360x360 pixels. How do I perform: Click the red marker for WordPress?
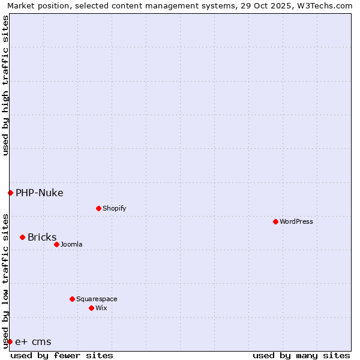[275, 221]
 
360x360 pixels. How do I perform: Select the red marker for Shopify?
[98, 208]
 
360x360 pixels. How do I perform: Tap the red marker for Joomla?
[56, 244]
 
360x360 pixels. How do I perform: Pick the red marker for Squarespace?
[72, 299]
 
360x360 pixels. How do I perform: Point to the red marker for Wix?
[91, 308]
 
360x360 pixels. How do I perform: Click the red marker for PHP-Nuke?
[10, 193]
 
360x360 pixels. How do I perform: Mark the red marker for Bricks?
[22, 237]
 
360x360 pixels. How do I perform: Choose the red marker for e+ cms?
[10, 341]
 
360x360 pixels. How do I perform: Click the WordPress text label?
[296, 221]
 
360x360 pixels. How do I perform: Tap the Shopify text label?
[115, 208]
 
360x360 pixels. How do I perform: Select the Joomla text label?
[71, 244]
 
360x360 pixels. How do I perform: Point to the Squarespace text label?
[97, 299]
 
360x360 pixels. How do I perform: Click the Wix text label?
[101, 308]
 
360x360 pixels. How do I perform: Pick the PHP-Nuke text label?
[40, 193]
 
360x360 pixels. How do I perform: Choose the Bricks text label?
[42, 237]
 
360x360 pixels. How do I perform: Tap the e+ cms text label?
[33, 342]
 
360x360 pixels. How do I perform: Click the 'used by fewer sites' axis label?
[62, 355]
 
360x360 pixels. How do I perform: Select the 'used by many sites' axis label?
[301, 355]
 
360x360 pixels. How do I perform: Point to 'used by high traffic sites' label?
[5, 85]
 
